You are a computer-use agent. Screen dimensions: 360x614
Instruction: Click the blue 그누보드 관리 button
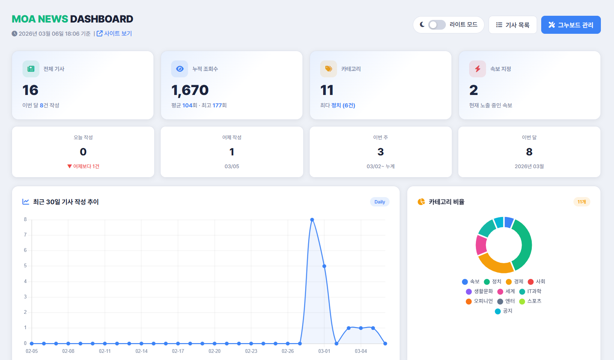(x=570, y=25)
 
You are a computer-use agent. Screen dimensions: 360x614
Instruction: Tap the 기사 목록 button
(x=513, y=25)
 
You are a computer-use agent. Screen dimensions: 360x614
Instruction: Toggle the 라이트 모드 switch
(x=437, y=25)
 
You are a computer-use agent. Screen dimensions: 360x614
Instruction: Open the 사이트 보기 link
(x=114, y=33)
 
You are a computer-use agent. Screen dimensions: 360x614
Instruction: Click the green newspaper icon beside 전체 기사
(x=31, y=69)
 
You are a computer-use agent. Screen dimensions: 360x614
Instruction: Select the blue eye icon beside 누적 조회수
(x=180, y=69)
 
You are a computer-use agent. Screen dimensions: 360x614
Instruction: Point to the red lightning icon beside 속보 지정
(x=477, y=69)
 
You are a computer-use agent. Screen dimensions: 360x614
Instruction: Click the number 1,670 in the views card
(x=190, y=90)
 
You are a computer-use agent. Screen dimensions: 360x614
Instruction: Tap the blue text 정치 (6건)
(x=343, y=105)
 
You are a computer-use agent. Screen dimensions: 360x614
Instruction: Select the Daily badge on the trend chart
(x=379, y=202)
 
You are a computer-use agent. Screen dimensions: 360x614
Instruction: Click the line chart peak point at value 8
(x=312, y=220)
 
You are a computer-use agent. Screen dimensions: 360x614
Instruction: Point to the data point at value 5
(x=324, y=266)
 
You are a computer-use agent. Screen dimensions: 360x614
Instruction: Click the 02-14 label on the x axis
(x=141, y=351)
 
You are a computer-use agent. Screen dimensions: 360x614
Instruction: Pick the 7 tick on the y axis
(x=26, y=235)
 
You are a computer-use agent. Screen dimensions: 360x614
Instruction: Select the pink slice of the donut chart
(x=481, y=244)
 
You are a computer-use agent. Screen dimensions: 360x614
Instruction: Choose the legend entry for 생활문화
(x=479, y=291)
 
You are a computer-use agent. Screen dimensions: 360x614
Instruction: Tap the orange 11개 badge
(x=582, y=202)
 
